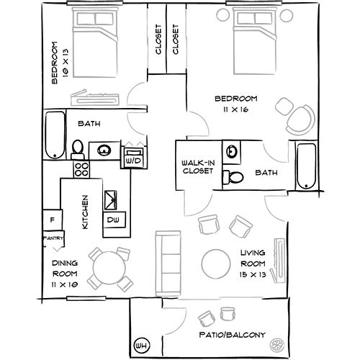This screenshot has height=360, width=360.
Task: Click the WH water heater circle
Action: coord(141,346)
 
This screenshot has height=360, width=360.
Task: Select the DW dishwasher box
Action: coord(114,220)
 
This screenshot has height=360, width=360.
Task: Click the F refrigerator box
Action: coord(53,220)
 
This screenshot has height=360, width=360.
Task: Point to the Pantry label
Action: coord(53,238)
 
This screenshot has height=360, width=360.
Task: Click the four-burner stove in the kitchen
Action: coord(81,169)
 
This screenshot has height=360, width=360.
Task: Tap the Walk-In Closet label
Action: coord(198,167)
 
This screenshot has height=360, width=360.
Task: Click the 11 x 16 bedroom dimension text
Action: coord(235,109)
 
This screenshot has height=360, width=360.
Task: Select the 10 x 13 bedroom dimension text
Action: coord(66,63)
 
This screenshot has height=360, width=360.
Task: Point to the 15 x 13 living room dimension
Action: coord(253,274)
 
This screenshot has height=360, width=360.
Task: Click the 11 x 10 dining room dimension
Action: coord(65,285)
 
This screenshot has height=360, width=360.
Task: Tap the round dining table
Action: coord(109,268)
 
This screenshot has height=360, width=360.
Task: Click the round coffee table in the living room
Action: coord(216,264)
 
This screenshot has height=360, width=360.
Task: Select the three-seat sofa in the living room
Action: coord(168,264)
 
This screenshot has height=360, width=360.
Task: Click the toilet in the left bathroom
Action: coord(78,150)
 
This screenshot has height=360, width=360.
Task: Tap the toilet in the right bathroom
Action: coord(233,177)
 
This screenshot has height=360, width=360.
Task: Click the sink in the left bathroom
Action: coord(104,150)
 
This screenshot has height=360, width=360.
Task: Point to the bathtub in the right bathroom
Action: coord(306,166)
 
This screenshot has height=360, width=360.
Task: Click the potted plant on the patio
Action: coord(277,346)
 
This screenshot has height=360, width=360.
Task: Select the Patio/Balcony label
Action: coord(233,335)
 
